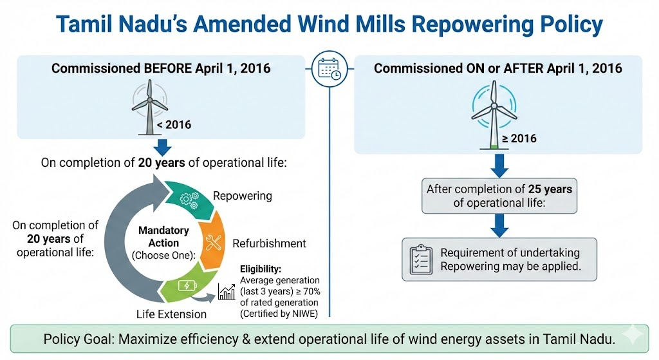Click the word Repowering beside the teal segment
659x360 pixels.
coord(242,196)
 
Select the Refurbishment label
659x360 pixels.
coord(269,243)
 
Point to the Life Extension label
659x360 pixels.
coord(171,314)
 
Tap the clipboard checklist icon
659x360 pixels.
coord(420,259)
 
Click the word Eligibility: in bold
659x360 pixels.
coord(261,269)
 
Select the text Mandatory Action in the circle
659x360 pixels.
coord(163,236)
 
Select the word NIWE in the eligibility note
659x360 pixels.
coord(297,314)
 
